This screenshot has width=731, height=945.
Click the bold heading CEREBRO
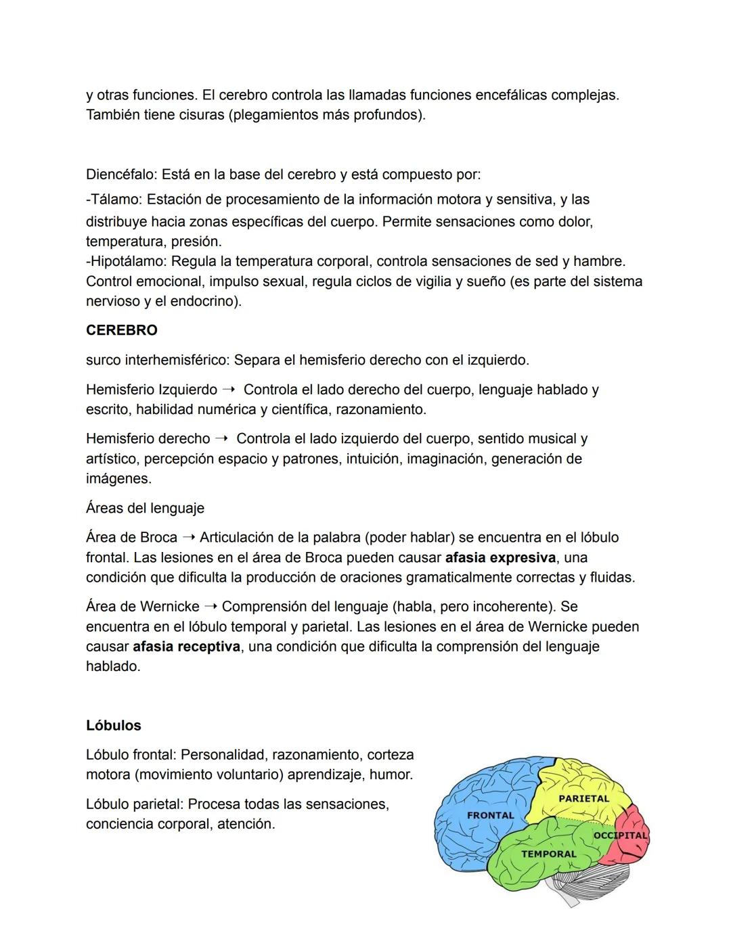(x=121, y=331)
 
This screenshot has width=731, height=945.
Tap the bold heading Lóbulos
(x=113, y=726)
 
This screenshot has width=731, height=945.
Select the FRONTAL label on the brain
(x=490, y=816)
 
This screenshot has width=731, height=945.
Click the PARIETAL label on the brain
(x=583, y=799)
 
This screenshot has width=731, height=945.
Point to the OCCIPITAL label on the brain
(x=620, y=835)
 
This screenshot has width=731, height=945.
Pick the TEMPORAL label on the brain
(x=548, y=854)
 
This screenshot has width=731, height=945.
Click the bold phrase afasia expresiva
(x=500, y=558)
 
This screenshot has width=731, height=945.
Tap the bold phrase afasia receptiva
(x=186, y=647)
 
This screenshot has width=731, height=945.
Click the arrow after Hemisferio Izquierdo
(x=229, y=390)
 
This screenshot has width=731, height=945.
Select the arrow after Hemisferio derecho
(x=222, y=439)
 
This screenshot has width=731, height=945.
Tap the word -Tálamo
(x=113, y=200)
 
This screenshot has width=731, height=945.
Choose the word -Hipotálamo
(x=126, y=261)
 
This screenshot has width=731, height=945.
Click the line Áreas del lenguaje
(x=145, y=508)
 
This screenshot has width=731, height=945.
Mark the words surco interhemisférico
(x=157, y=361)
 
